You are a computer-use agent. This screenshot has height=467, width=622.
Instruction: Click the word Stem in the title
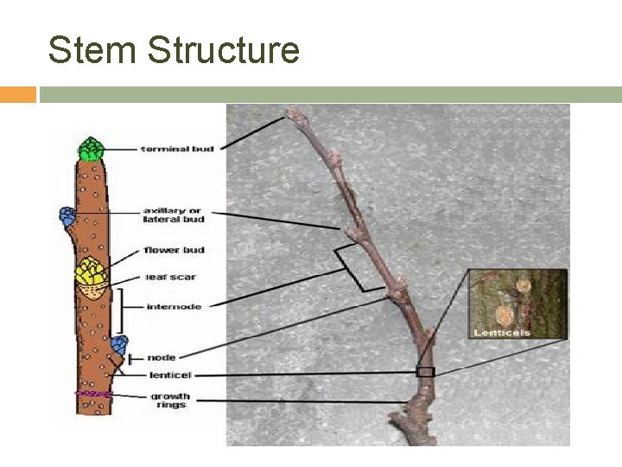pos(92,50)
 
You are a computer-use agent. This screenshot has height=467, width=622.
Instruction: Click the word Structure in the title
pos(223,50)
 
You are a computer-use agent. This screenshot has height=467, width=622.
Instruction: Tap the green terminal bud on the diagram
pos(90,150)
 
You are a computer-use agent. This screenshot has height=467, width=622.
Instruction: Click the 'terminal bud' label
pos(178,150)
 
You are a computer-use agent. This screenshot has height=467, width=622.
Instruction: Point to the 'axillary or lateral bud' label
pos(174,215)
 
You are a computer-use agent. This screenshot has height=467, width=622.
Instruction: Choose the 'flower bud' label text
pos(175,250)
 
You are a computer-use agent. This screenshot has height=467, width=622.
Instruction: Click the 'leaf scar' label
pos(170,278)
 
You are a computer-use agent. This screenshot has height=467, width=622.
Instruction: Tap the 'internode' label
pos(174,307)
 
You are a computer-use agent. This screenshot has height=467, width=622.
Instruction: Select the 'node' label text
pos(161,357)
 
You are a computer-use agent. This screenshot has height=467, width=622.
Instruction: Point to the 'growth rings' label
pos(169,400)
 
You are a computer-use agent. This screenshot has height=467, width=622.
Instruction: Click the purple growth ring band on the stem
pos(94,393)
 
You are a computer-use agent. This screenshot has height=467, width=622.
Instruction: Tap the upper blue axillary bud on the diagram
pos(67,216)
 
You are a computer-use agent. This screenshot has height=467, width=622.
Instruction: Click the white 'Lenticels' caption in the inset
pos(501,332)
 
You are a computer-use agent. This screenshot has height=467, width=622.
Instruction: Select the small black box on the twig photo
pos(425,372)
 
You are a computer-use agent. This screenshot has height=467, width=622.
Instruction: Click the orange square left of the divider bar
pos(17,94)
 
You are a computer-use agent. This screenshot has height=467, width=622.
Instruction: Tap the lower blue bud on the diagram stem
pos(119,343)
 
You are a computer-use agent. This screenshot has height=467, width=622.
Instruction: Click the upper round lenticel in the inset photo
pos(522,285)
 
